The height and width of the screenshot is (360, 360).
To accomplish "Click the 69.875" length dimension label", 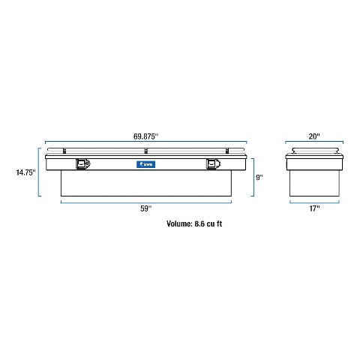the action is coord(145,136).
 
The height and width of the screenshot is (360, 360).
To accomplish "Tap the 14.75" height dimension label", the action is coord(25,172).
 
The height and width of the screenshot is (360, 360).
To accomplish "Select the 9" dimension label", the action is coord(259,178).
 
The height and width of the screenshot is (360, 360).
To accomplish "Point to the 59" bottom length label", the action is coord(146,208).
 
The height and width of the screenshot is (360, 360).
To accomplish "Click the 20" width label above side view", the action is coord(314,136).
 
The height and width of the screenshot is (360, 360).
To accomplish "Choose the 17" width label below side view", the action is coord(314,208).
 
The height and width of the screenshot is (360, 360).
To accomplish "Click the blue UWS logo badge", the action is coord(146,164).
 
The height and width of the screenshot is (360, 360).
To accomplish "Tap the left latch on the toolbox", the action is coord(83,164).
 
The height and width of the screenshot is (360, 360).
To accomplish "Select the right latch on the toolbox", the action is coord(214,164).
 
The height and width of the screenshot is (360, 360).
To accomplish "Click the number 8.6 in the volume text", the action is coord(199,223).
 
